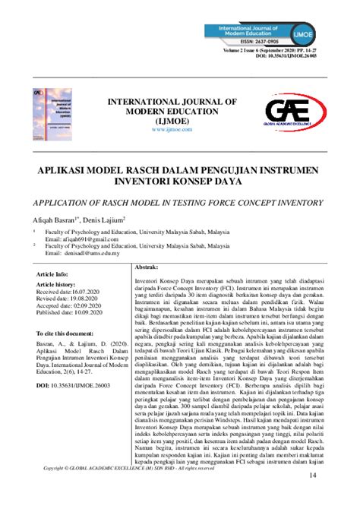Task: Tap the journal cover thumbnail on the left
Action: [46, 112]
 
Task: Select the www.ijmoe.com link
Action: [169, 130]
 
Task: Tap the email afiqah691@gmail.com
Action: [83, 239]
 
